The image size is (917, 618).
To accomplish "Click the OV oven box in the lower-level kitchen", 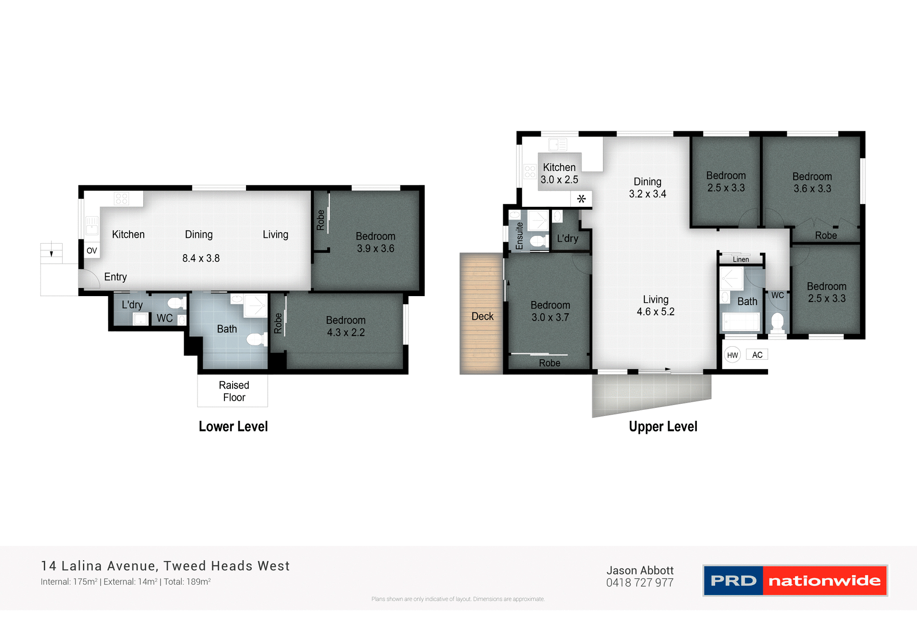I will pyautogui.click(x=92, y=250).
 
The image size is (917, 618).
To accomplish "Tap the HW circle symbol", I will pyautogui.click(x=732, y=355).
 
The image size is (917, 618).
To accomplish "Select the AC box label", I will pyautogui.click(x=757, y=354).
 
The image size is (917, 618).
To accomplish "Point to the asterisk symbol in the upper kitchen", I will pyautogui.click(x=581, y=199).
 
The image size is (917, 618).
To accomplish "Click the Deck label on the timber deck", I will pyautogui.click(x=482, y=316).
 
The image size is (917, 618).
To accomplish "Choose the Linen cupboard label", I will pyautogui.click(x=741, y=259).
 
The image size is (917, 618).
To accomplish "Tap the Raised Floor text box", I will pyautogui.click(x=234, y=391).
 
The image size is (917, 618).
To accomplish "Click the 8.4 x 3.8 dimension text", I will pyautogui.click(x=201, y=258).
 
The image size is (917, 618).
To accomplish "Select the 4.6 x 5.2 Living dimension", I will pyautogui.click(x=655, y=312).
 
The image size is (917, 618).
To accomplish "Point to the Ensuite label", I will pyautogui.click(x=519, y=235).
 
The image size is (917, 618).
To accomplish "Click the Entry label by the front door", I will pyautogui.click(x=116, y=277).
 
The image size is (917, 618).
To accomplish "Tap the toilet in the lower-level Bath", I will pyautogui.click(x=256, y=340).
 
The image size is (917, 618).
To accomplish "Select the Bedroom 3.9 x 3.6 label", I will pyautogui.click(x=375, y=243).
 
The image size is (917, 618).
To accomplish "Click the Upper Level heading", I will pyautogui.click(x=663, y=426).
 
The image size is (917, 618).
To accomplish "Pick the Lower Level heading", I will pyautogui.click(x=233, y=426).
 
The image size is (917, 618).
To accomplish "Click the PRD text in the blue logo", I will pyautogui.click(x=733, y=581).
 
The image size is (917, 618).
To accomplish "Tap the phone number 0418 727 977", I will pyautogui.click(x=640, y=583).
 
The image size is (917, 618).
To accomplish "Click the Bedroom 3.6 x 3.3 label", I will pyautogui.click(x=812, y=182).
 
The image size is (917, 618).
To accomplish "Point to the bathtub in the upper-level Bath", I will pyautogui.click(x=740, y=322).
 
